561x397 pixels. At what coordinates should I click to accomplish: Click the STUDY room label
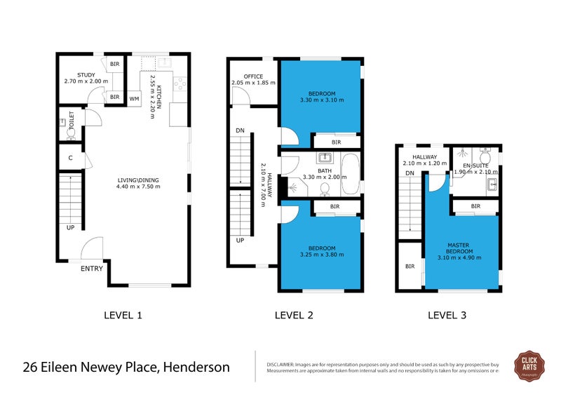click(86, 74)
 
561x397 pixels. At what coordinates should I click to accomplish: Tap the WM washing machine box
click(134, 99)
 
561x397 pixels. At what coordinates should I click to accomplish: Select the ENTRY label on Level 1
click(92, 269)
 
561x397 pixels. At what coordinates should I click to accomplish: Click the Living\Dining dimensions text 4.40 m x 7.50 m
click(139, 187)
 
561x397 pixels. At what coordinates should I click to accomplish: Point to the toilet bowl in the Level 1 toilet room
click(71, 130)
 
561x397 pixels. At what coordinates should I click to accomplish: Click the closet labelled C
click(70, 158)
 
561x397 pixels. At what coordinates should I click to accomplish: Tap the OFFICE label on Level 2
click(253, 76)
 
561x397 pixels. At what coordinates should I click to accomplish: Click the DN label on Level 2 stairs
click(240, 130)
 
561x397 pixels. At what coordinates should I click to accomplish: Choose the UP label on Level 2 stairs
click(240, 240)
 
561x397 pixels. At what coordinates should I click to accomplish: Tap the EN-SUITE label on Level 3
click(475, 164)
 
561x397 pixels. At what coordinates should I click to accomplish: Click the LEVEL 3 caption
click(447, 316)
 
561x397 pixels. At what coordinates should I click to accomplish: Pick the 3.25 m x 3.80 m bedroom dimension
click(321, 255)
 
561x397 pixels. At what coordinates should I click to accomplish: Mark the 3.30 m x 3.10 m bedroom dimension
click(321, 101)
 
